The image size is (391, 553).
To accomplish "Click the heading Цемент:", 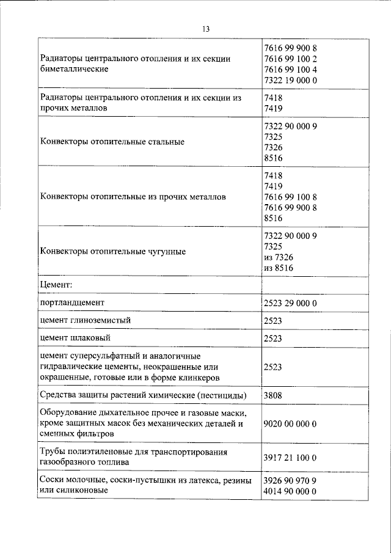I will (x=56, y=285).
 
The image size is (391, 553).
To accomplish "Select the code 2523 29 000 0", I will (x=290, y=303).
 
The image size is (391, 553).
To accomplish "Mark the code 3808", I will (x=274, y=395).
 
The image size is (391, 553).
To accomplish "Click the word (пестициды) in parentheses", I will (x=221, y=395).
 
